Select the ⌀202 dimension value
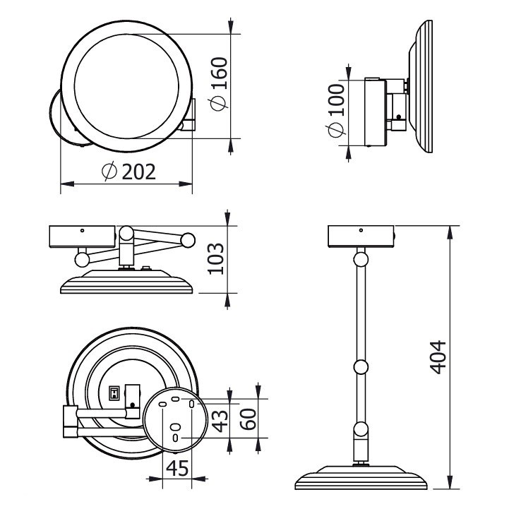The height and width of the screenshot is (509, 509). [x=128, y=172]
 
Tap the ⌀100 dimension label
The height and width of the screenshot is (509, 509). [x=337, y=109]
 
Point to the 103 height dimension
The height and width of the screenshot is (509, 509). [x=216, y=258]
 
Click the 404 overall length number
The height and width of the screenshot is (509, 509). [x=439, y=357]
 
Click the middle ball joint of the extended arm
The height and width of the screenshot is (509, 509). [x=360, y=367]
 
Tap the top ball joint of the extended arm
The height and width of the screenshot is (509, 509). [x=361, y=259]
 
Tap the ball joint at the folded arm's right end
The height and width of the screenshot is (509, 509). [x=188, y=240]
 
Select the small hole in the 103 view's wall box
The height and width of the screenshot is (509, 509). [x=82, y=230]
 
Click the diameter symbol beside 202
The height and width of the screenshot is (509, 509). [x=109, y=172]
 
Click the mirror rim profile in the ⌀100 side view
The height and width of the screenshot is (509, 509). [x=424, y=86]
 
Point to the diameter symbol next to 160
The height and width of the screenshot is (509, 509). [x=220, y=104]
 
